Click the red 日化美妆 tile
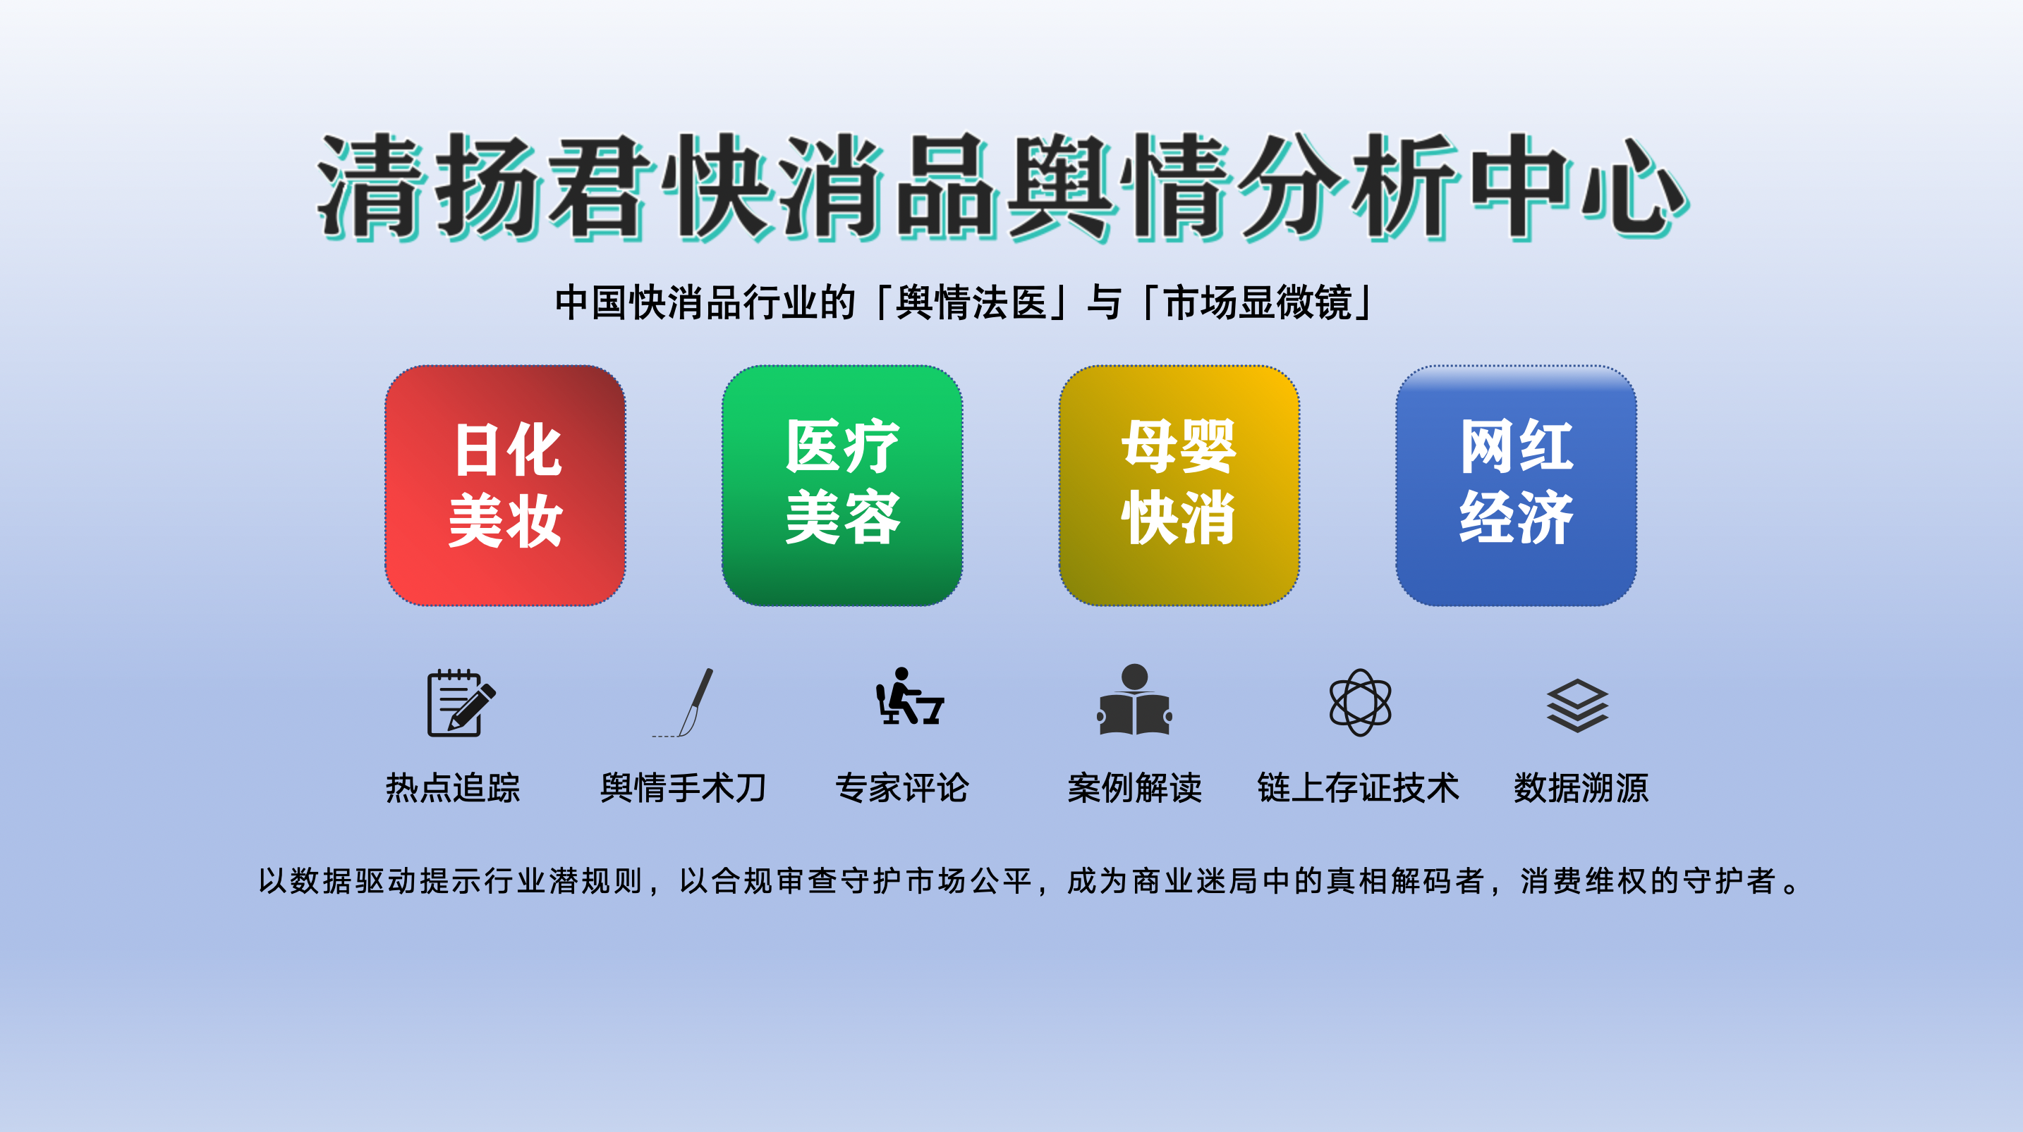[505, 485]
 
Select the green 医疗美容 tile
[842, 485]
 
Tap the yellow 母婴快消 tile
[1179, 485]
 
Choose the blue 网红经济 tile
[1516, 485]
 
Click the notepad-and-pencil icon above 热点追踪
[460, 703]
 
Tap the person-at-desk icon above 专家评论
[909, 697]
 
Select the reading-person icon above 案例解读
[1134, 700]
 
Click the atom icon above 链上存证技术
[1360, 703]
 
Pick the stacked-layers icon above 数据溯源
[1577, 705]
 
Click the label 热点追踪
[453, 787]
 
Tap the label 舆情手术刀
[684, 787]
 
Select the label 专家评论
[902, 787]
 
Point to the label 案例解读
[1134, 787]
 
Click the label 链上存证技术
[1358, 787]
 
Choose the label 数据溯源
[1581, 787]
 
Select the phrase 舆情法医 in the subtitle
[971, 302]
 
